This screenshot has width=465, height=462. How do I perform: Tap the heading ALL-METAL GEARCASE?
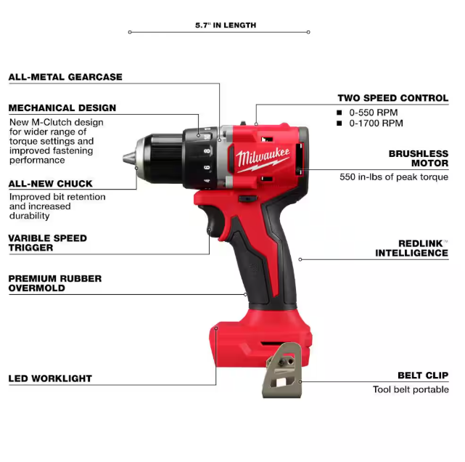point(65,77)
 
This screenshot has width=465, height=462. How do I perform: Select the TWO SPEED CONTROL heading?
point(393,98)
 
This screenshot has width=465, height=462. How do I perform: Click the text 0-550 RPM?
point(374,113)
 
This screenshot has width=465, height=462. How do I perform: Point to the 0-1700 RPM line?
point(376,123)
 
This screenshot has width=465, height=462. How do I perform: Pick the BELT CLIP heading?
point(423,376)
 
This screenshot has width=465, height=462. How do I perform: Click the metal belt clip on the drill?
point(282,370)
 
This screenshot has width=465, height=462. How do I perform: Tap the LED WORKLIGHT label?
point(50,378)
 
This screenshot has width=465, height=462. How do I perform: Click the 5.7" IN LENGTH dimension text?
point(226,25)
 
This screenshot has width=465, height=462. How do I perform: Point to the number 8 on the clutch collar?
point(207,151)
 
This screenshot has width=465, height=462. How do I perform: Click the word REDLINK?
point(421,243)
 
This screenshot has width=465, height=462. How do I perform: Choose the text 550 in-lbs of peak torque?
point(394,177)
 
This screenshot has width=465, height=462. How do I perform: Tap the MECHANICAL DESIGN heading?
point(62,108)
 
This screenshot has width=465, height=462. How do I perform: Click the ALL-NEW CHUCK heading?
point(50,184)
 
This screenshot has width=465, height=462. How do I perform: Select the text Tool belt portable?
point(411,389)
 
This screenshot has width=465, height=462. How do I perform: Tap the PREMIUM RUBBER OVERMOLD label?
point(55,283)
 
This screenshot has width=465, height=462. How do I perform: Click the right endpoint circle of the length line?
point(308,32)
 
